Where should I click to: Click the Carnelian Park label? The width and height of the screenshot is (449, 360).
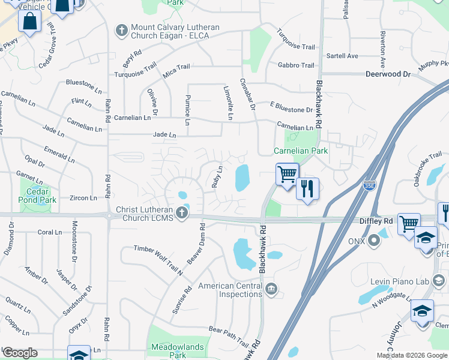pyautogui.click(x=301, y=151)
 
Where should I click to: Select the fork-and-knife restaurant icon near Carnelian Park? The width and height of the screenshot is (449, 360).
pyautogui.click(x=307, y=189)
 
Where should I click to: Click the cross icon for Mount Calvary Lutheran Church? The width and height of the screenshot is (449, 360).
pyautogui.click(x=121, y=29)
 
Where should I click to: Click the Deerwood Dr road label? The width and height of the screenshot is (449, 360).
pyautogui.click(x=388, y=74)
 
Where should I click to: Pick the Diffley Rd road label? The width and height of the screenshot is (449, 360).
pyautogui.click(x=376, y=221)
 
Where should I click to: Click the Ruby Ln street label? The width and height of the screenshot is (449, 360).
pyautogui.click(x=217, y=176)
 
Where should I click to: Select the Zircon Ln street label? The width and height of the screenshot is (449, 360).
pyautogui.click(x=83, y=197)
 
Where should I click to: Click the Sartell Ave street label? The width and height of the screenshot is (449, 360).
pyautogui.click(x=343, y=56)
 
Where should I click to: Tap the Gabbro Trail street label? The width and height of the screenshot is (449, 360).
pyautogui.click(x=296, y=65)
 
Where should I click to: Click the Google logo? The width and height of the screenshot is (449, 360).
pyautogui.click(x=19, y=353)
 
